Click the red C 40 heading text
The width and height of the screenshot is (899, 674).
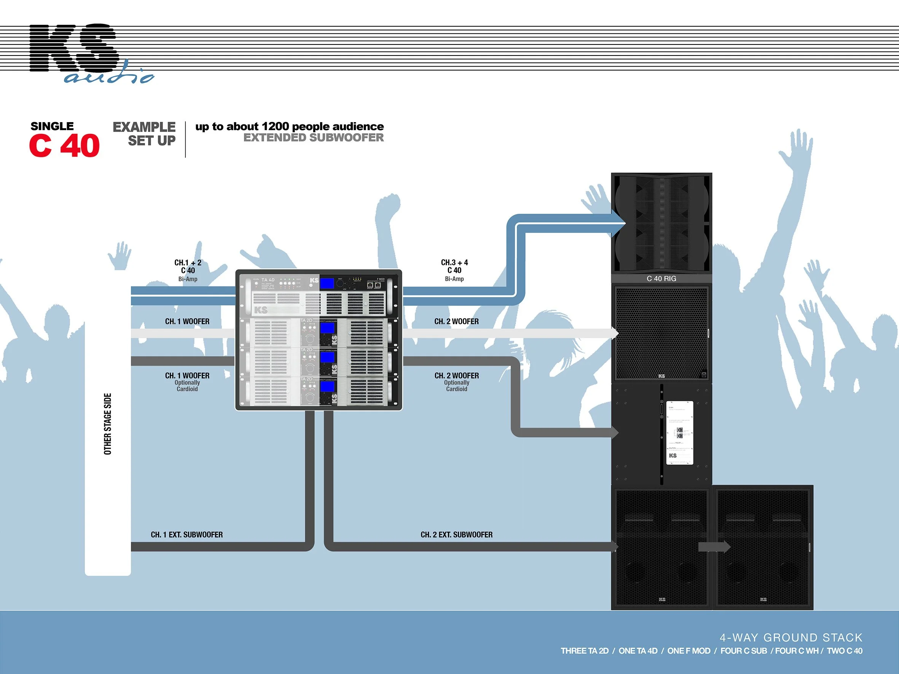pyautogui.click(x=64, y=145)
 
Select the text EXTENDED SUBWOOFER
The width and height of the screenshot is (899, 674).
pyautogui.click(x=313, y=138)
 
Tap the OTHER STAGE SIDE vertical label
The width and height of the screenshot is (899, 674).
pyautogui.click(x=108, y=424)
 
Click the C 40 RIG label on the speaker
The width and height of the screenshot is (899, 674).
pyautogui.click(x=661, y=279)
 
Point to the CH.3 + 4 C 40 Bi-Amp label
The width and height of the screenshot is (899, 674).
pyautogui.click(x=454, y=270)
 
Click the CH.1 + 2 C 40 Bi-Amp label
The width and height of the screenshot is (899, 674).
pyautogui.click(x=188, y=270)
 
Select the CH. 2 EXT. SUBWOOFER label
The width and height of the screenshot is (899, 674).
pyautogui.click(x=456, y=535)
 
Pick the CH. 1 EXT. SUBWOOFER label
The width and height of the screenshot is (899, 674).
pyautogui.click(x=186, y=535)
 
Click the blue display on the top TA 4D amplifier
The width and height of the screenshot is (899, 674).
pyautogui.click(x=327, y=283)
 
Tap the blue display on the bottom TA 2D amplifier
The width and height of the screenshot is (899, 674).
pyautogui.click(x=328, y=386)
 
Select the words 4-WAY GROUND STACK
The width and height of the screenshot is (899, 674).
pyautogui.click(x=791, y=637)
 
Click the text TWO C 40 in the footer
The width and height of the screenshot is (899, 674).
pyautogui.click(x=844, y=651)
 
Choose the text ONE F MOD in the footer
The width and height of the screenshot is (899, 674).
pyautogui.click(x=689, y=651)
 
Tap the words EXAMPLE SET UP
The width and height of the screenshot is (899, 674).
pyautogui.click(x=144, y=134)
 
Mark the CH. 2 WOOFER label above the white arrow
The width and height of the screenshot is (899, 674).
pyautogui.click(x=456, y=321)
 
